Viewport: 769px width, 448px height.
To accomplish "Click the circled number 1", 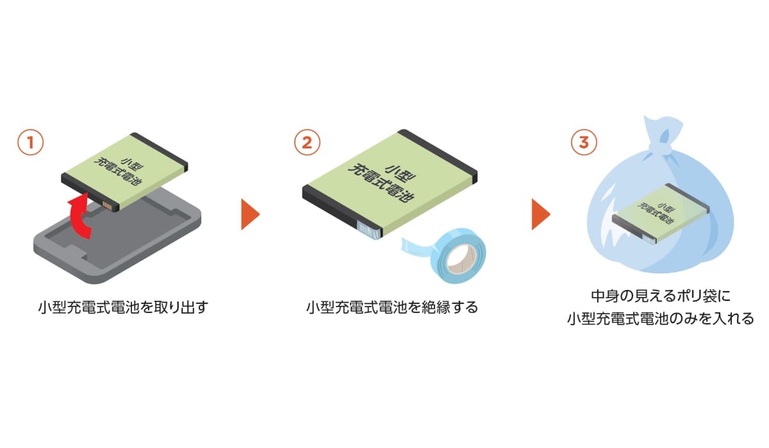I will tap(30, 142).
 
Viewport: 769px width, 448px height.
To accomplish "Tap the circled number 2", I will tap(307, 142).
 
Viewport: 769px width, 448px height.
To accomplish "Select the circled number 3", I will tap(583, 142).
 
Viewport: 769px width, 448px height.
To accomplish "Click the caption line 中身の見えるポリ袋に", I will tap(660, 296).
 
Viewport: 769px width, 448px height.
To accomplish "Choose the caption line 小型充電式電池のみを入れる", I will tap(660, 318).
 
